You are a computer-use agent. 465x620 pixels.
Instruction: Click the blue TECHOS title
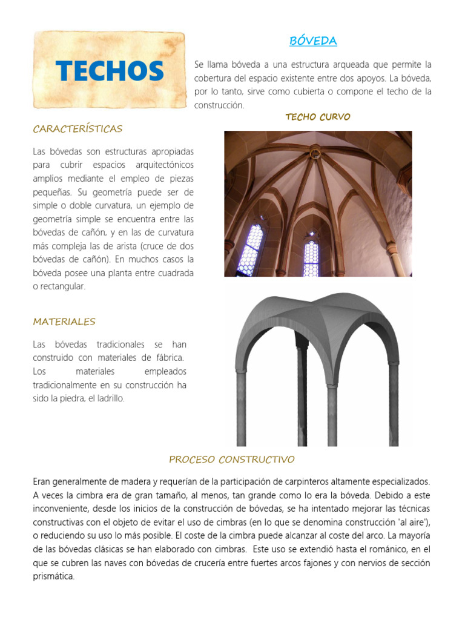click(x=110, y=71)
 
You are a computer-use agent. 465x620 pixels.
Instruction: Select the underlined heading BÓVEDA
click(x=313, y=41)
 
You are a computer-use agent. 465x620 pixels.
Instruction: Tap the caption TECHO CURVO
click(x=318, y=117)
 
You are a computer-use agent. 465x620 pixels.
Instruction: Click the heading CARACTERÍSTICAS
click(x=77, y=128)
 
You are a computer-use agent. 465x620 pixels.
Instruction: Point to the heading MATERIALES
click(x=64, y=322)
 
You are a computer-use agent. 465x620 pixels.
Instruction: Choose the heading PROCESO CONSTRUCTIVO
click(x=232, y=459)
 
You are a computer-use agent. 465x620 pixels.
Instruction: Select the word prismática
click(x=54, y=576)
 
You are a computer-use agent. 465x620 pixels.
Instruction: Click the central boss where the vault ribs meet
click(x=315, y=154)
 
